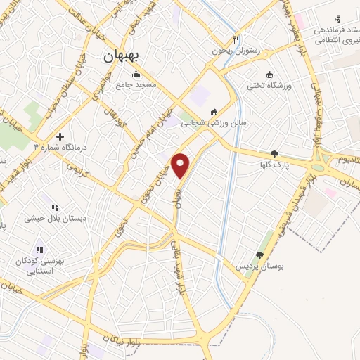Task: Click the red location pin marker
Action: click(x=181, y=165)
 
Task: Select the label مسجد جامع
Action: click(x=155, y=84)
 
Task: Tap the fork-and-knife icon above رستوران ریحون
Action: click(x=236, y=39)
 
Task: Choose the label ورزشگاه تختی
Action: click(x=264, y=86)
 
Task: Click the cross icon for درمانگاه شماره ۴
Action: click(x=60, y=136)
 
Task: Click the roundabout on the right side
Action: click(x=321, y=168)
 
